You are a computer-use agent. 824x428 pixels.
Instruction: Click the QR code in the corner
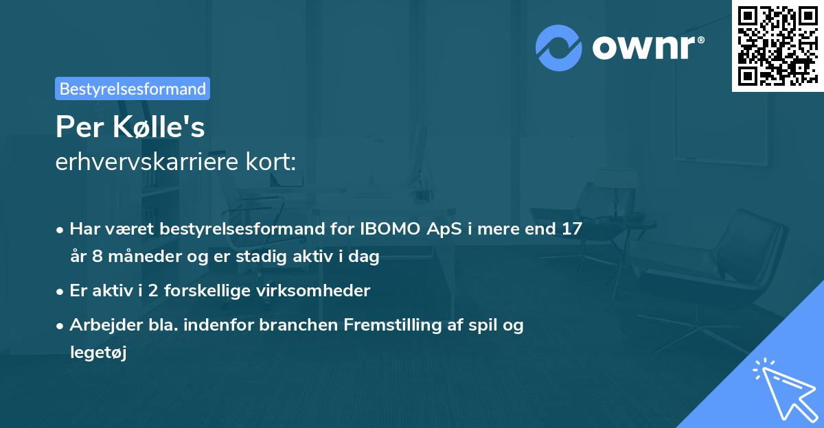click(x=777, y=45)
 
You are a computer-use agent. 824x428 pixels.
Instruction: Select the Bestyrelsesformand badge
click(x=133, y=88)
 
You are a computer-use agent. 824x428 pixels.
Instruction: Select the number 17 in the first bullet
click(x=571, y=229)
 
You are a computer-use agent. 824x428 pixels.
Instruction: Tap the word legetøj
click(x=98, y=353)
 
